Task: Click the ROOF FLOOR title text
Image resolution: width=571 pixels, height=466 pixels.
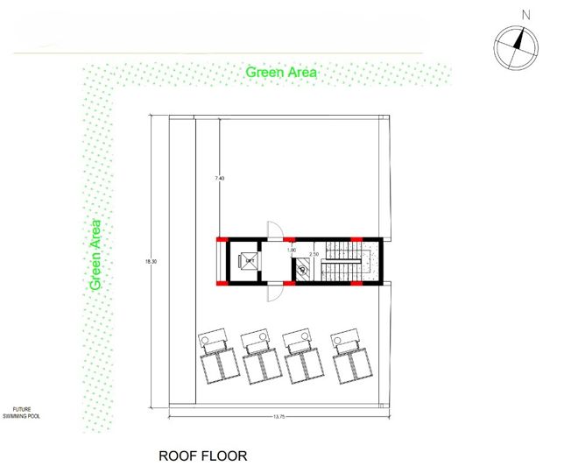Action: pos(202,455)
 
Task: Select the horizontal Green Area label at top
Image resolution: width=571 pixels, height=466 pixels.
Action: pos(280,72)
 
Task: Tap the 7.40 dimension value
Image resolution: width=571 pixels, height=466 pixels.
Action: pos(220,179)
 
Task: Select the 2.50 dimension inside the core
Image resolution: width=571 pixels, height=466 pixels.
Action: pos(313,254)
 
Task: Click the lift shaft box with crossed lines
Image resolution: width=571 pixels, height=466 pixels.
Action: pos(249,260)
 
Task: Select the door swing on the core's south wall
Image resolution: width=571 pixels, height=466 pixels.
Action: pos(275,293)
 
